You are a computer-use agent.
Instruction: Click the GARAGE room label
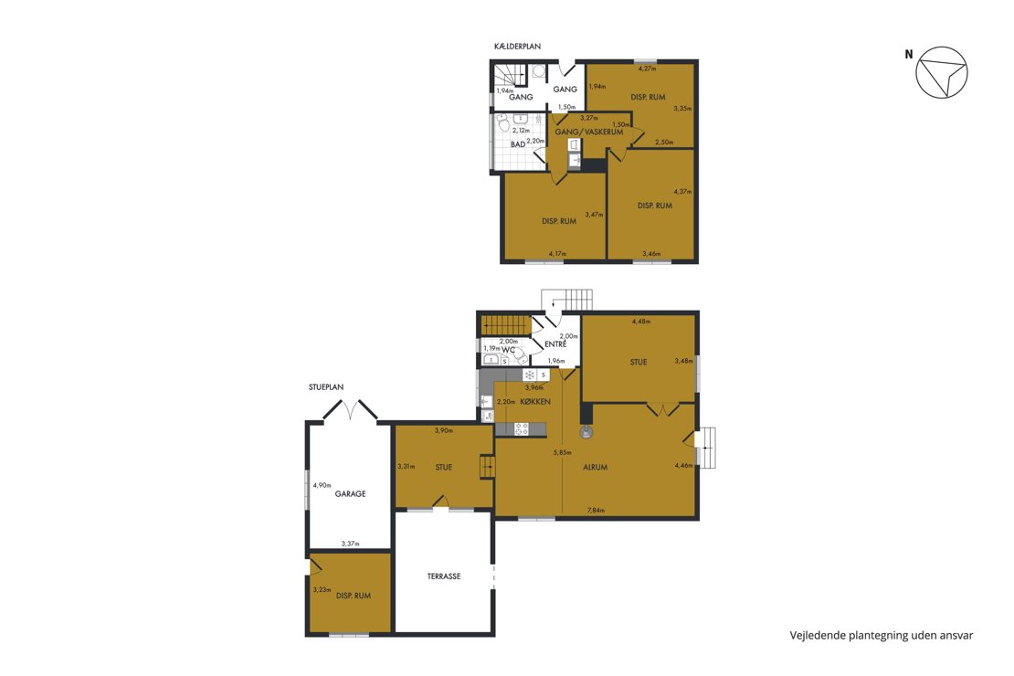click(350, 493)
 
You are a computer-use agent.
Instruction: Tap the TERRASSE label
click(444, 576)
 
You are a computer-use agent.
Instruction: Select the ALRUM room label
click(595, 467)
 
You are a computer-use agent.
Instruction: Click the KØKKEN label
click(534, 402)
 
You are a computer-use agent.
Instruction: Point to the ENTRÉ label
click(555, 344)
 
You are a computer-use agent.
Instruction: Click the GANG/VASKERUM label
click(589, 132)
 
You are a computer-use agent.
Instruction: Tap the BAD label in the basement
click(518, 145)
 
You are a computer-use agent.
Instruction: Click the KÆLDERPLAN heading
click(517, 47)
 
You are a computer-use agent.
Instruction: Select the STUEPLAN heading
click(326, 386)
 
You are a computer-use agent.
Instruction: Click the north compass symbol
click(942, 72)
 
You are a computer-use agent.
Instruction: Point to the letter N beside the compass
click(909, 55)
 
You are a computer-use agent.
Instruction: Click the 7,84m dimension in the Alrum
click(596, 511)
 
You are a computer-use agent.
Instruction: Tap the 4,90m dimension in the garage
click(322, 484)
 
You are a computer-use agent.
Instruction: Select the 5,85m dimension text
click(562, 453)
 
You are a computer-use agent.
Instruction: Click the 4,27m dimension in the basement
click(648, 69)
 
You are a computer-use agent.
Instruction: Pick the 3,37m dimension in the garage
click(351, 544)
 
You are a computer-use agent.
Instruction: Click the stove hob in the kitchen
click(522, 428)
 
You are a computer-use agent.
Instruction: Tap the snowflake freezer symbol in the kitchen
click(529, 375)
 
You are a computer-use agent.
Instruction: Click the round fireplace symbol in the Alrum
click(586, 431)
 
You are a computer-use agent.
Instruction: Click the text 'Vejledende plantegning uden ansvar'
click(881, 635)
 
